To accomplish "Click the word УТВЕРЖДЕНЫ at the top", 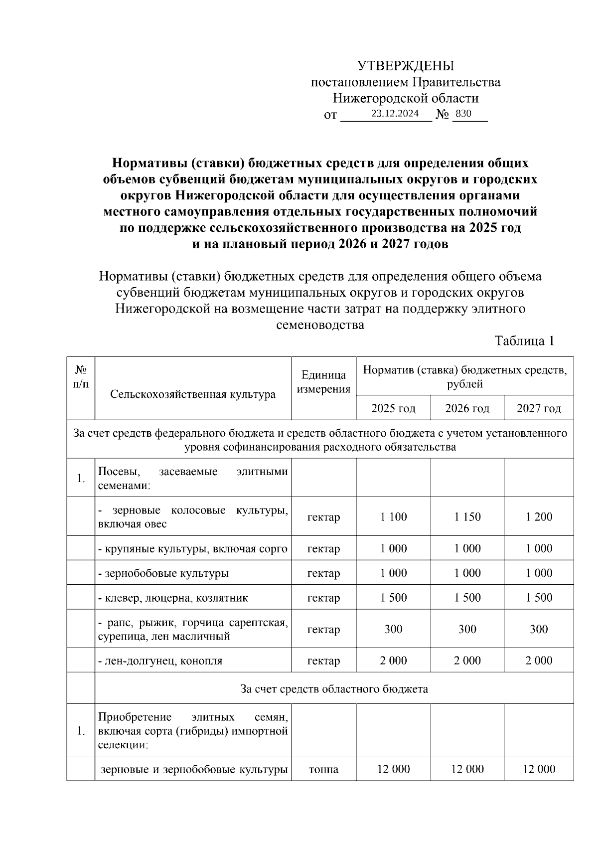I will pyautogui.click(x=406, y=66).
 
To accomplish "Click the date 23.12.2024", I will pyautogui.click(x=395, y=114).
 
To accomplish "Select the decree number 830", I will pyautogui.click(x=463, y=114).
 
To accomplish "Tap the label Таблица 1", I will pyautogui.click(x=524, y=341).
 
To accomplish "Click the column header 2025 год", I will pyautogui.click(x=393, y=409).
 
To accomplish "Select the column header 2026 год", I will pyautogui.click(x=467, y=409).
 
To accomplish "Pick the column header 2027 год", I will pyautogui.click(x=539, y=409).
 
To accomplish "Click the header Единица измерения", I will pyautogui.click(x=323, y=382).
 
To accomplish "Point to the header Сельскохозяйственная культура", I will pyautogui.click(x=193, y=395).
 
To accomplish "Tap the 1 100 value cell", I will pyautogui.click(x=393, y=517).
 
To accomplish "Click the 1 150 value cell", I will pyautogui.click(x=467, y=517).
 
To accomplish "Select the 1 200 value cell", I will pyautogui.click(x=539, y=517).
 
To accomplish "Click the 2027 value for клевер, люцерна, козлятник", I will pyautogui.click(x=539, y=598).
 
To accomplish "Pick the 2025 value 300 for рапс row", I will pyautogui.click(x=393, y=630).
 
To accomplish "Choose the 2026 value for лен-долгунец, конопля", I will pyautogui.click(x=467, y=661).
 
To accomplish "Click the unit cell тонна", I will pyautogui.click(x=323, y=769).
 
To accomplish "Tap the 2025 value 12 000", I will pyautogui.click(x=393, y=769).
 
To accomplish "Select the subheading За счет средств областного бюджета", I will pyautogui.click(x=334, y=689).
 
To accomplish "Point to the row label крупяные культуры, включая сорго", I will pyautogui.click(x=193, y=549).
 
